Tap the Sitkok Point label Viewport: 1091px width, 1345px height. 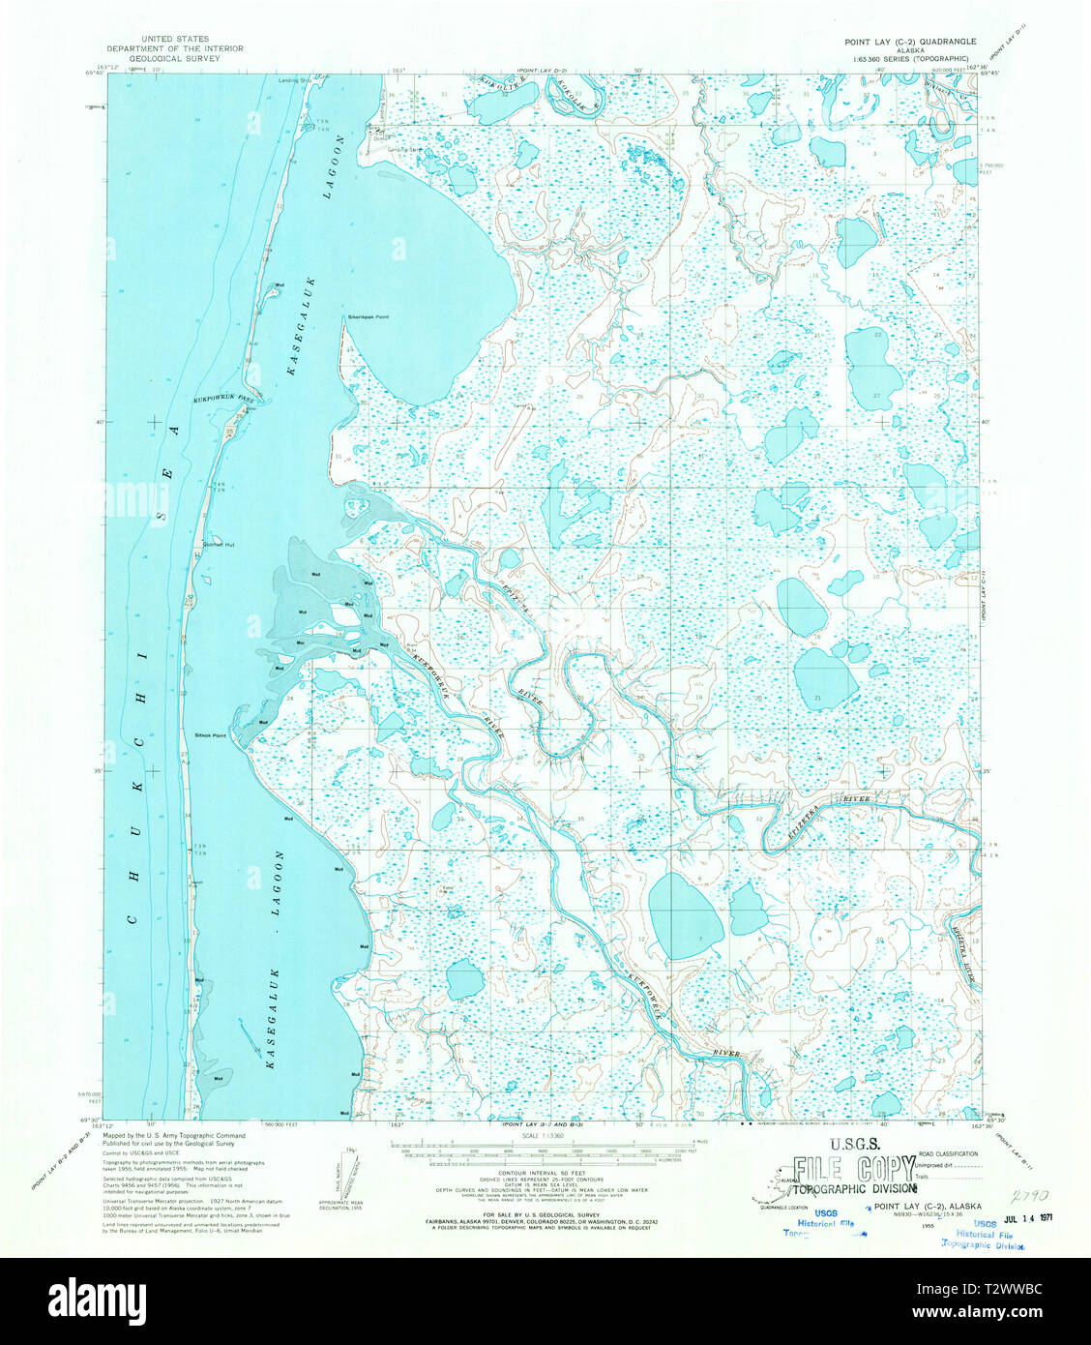pyautogui.click(x=210, y=735)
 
